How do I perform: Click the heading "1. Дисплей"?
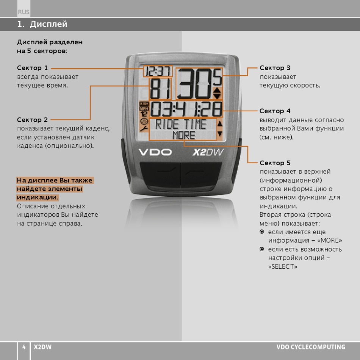(x=42, y=24)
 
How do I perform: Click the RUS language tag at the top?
(x=23, y=12)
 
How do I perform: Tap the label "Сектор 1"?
(x=33, y=68)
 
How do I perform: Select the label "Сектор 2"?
(x=33, y=120)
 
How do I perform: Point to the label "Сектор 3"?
(x=275, y=68)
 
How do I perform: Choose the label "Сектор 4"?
(x=275, y=111)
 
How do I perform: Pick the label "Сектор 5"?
(x=275, y=163)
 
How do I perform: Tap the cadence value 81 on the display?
(x=160, y=89)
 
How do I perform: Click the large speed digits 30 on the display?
(x=194, y=84)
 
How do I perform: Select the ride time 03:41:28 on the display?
(x=186, y=109)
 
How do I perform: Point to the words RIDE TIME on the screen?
(x=181, y=124)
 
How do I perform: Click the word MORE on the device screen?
(x=184, y=135)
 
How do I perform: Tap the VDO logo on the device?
(x=155, y=152)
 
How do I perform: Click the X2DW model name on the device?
(x=208, y=152)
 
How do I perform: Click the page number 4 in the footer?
(x=24, y=347)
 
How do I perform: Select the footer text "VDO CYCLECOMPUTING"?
(x=311, y=347)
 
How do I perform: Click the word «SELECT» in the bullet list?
(x=283, y=266)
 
